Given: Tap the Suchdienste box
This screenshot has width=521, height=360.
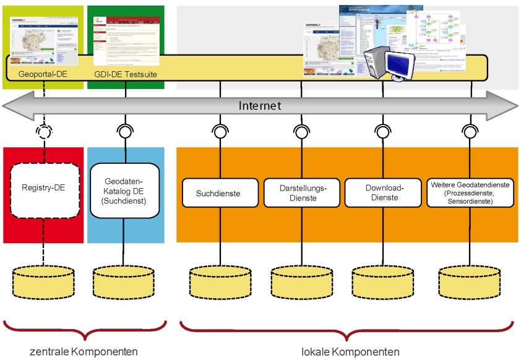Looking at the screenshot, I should [218, 193].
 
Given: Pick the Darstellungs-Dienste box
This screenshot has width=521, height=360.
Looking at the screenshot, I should [302, 193].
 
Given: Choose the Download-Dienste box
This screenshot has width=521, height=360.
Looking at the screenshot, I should [381, 193].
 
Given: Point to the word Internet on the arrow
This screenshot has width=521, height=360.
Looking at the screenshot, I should [260, 106].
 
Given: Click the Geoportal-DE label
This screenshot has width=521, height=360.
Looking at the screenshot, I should [43, 74].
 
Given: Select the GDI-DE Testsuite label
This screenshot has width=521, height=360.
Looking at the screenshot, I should [126, 74].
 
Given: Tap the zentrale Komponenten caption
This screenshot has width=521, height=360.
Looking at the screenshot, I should [84, 352].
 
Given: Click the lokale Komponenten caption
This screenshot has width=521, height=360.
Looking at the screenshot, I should [350, 352].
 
